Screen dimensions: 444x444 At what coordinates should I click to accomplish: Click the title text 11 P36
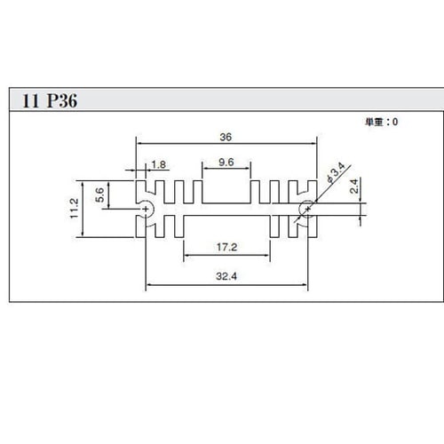[x=50, y=100]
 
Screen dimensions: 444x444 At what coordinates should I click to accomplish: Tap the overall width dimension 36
[x=226, y=137]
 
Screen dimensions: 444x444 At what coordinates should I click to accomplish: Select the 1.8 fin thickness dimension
[x=159, y=164]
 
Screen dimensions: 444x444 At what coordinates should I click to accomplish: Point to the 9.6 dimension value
[x=226, y=162]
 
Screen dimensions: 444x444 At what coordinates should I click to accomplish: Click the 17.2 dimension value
[x=226, y=247]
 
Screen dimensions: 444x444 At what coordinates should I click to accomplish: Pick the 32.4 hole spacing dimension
[x=226, y=276]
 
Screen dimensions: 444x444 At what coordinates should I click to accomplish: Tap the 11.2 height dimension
[x=74, y=209]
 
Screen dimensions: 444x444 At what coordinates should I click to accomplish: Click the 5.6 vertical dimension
[x=99, y=194]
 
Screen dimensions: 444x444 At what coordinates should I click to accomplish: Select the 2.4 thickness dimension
[x=353, y=186]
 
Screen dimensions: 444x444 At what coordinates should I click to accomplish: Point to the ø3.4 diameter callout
[x=336, y=172]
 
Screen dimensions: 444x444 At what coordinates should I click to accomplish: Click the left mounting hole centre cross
[x=146, y=209]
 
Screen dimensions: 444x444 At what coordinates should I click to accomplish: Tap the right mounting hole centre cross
[x=308, y=209]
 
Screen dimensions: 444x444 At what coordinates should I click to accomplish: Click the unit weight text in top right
[x=381, y=122]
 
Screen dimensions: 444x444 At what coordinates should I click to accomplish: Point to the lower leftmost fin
[x=141, y=226]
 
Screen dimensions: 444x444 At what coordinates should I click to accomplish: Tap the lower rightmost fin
[x=313, y=226]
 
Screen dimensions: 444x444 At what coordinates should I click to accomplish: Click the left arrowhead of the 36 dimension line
[x=139, y=144]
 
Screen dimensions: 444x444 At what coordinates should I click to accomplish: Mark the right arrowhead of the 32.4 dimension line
[x=305, y=285]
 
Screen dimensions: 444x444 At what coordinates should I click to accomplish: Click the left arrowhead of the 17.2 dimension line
[x=186, y=255]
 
